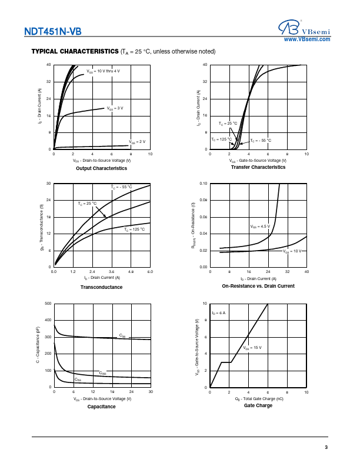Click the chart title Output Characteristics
point(101,168)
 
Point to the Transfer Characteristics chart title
point(258,167)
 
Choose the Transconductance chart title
point(101,287)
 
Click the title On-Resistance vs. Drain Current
point(258,286)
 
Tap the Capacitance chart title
point(101,407)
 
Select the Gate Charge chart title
point(258,405)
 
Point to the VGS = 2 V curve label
point(137,142)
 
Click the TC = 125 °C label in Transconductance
point(134,229)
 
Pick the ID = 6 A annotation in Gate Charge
point(219,312)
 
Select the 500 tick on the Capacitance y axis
point(49,304)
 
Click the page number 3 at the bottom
point(326,448)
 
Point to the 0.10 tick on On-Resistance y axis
point(204,184)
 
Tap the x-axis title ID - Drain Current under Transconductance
point(101,278)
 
